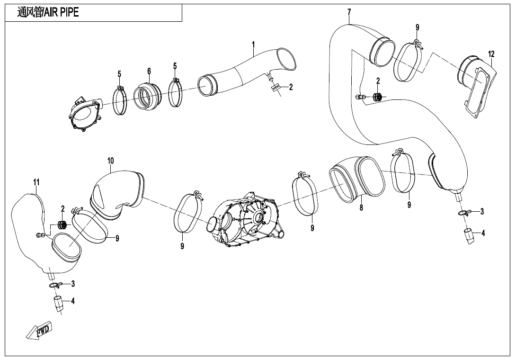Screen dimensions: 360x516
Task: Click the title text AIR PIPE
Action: click(x=47, y=13)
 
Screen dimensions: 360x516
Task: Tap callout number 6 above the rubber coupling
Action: click(x=149, y=71)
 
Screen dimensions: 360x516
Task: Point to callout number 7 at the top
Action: click(x=349, y=11)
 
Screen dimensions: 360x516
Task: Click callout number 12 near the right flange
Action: click(x=491, y=54)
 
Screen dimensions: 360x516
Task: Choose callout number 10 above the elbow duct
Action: click(x=110, y=161)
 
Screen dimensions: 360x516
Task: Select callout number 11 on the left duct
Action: click(x=36, y=182)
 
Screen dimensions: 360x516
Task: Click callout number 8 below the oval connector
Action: click(x=361, y=207)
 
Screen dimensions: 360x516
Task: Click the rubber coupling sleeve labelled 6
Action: click(x=148, y=97)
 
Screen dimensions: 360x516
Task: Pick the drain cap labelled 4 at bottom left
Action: click(x=58, y=304)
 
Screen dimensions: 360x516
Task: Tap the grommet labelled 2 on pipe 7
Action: click(x=377, y=97)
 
